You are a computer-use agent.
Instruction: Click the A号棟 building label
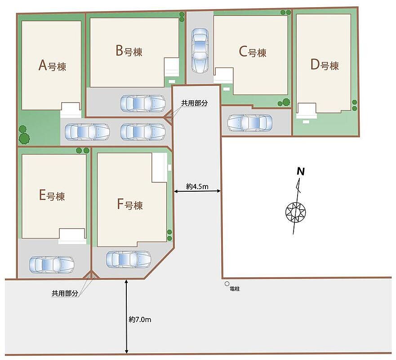tap(52, 66)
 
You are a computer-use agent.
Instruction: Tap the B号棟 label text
tap(129, 50)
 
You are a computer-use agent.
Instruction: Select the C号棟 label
tap(253, 52)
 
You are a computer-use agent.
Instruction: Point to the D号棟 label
tap(325, 65)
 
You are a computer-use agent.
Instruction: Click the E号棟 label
tap(52, 195)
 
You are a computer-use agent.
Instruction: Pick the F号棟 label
tap(130, 204)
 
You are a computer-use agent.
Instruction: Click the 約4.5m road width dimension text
tap(197, 187)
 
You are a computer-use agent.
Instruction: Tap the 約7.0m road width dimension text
tap(140, 319)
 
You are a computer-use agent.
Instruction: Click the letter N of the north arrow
tap(301, 171)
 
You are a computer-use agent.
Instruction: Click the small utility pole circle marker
tap(227, 284)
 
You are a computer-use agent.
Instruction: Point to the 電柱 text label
tap(235, 289)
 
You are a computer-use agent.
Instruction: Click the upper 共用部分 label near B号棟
tap(195, 103)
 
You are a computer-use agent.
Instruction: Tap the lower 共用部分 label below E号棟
tap(65, 293)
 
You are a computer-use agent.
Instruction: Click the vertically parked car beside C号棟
tap(200, 50)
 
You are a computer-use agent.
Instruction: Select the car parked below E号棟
tap(52, 265)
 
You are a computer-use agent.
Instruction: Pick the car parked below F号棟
tap(129, 259)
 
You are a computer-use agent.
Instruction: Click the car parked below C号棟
tap(250, 123)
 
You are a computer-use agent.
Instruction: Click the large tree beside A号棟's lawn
tap(24, 138)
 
